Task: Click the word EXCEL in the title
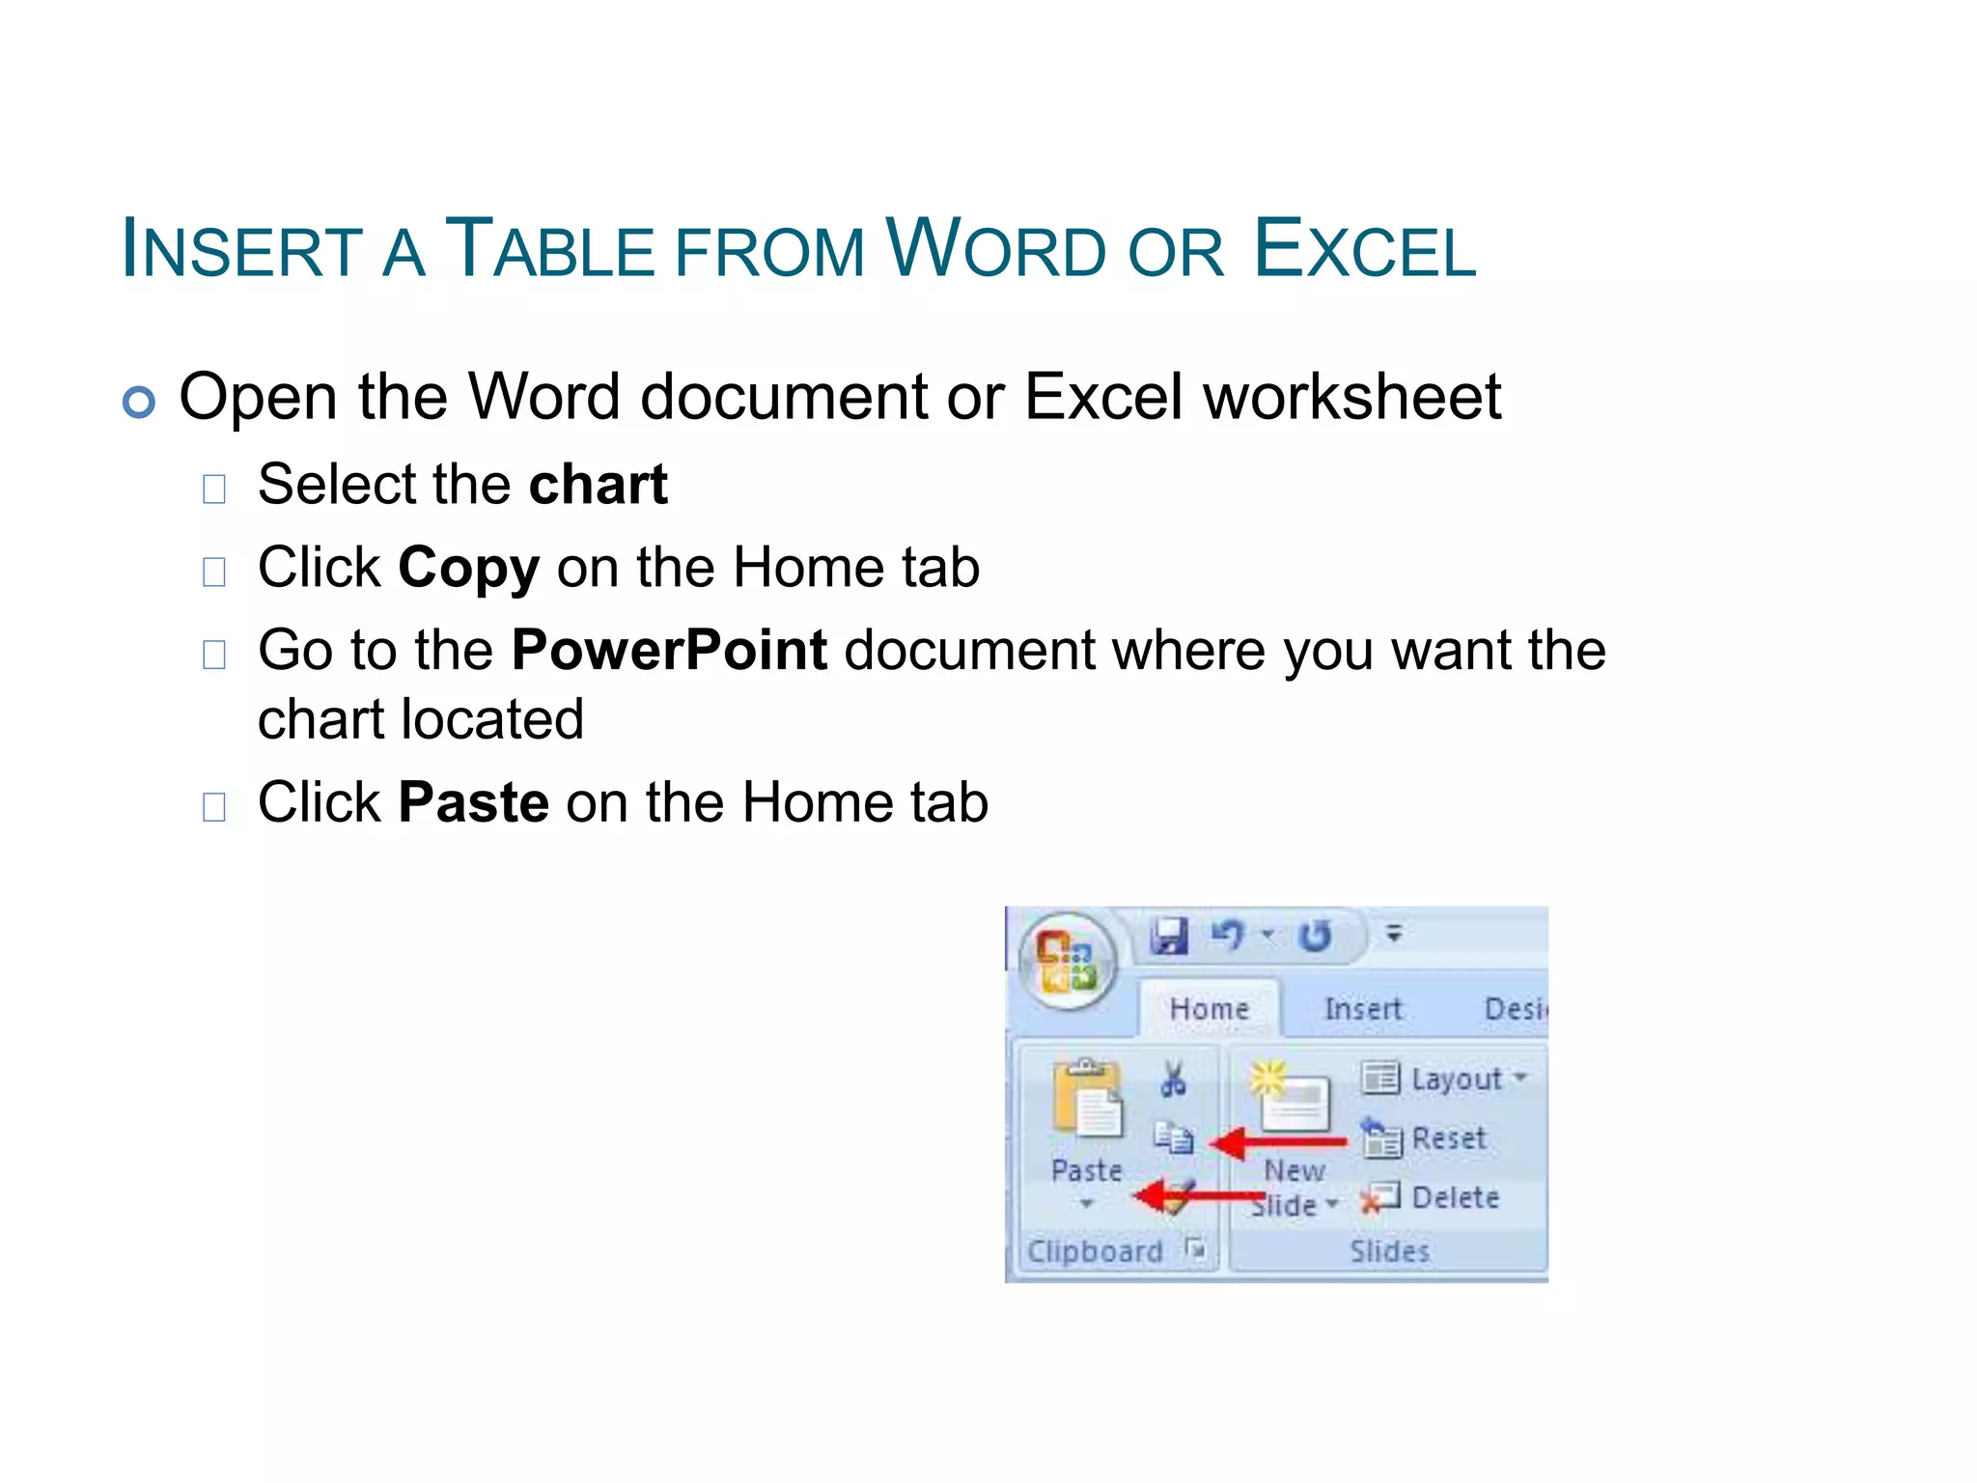(1364, 250)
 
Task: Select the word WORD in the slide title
(995, 250)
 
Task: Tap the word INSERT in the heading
(241, 250)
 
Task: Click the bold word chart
(599, 484)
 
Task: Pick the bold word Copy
(468, 568)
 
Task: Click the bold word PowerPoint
(669, 650)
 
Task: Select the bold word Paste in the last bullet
(473, 802)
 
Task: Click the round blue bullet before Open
(139, 402)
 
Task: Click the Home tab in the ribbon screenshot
(1209, 1009)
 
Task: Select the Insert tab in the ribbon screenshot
(1362, 1009)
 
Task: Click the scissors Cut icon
(1174, 1079)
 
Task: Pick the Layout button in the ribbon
(1443, 1078)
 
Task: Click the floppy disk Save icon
(1170, 936)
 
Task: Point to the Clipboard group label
(1095, 1251)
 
